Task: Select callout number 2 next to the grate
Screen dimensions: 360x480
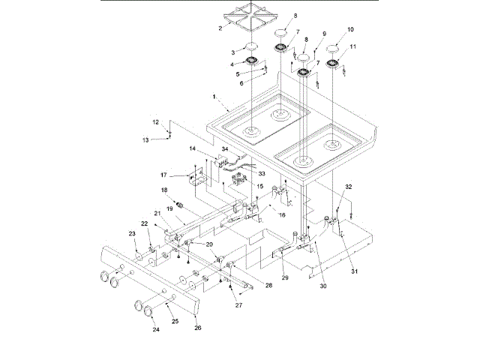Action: [x=220, y=28]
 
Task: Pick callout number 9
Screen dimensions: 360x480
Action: [x=324, y=34]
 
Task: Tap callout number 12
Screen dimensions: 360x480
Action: [x=155, y=121]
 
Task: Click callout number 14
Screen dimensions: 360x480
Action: [x=192, y=149]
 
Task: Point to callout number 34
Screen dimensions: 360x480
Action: [x=223, y=149]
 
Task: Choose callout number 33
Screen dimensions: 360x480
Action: [x=262, y=173]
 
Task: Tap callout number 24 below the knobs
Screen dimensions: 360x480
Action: [x=157, y=329]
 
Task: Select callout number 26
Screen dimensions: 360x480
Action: [x=199, y=326]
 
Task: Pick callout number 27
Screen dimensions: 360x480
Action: [x=239, y=305]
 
